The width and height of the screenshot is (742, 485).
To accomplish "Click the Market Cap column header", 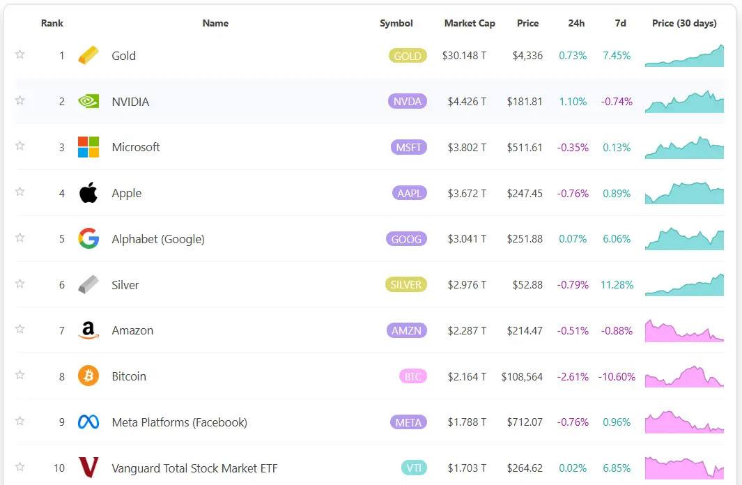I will tap(470, 23).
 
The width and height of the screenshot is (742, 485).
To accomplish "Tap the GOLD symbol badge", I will tap(408, 56).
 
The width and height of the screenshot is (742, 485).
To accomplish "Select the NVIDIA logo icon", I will tap(88, 102).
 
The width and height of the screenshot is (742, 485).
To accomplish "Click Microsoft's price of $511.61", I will tap(525, 147).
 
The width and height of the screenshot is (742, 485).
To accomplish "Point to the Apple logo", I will tap(88, 193).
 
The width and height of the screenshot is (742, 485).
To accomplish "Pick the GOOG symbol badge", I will tap(407, 239).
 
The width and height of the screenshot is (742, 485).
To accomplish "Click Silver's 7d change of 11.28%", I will tap(617, 284).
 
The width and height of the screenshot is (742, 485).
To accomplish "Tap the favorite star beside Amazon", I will tap(20, 330).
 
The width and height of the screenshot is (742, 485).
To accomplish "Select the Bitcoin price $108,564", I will tap(522, 376).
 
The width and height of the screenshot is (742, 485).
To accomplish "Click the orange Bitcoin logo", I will tap(88, 376).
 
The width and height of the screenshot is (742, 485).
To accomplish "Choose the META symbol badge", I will tap(408, 422).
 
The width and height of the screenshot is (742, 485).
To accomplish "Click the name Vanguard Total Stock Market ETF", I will tap(194, 468).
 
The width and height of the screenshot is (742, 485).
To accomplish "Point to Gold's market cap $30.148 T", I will tap(464, 56).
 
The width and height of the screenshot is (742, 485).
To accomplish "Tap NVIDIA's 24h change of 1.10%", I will tap(573, 102).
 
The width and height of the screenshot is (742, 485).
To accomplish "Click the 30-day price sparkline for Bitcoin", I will tap(684, 377).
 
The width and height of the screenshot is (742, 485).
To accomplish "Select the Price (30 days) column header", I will tap(684, 23).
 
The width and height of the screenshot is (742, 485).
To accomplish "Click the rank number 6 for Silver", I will tap(62, 285).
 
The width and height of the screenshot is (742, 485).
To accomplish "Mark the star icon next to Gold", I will tap(20, 54).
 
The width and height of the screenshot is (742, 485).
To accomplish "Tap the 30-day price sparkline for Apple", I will tap(684, 193).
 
